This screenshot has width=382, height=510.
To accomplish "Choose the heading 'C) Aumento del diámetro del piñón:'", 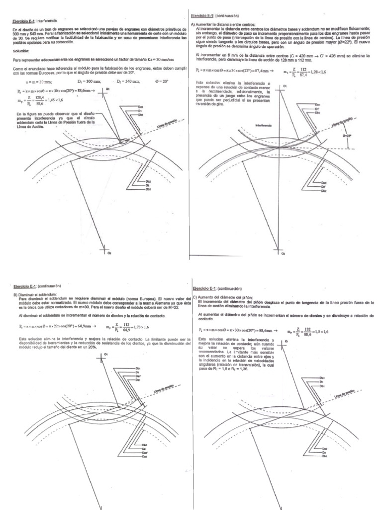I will click(226, 297).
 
